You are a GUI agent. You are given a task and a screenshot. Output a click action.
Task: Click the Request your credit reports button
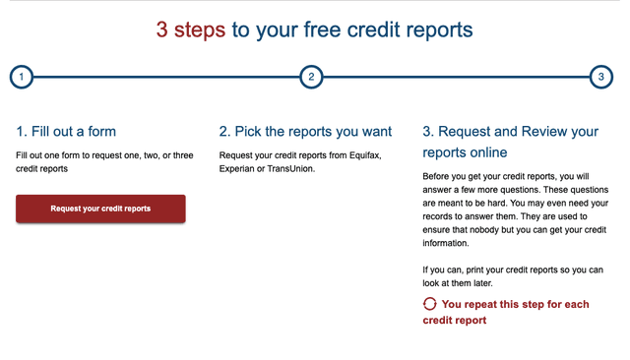[100, 209]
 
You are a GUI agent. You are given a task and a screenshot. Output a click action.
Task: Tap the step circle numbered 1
[22, 77]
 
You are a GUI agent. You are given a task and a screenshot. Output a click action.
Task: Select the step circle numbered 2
[310, 77]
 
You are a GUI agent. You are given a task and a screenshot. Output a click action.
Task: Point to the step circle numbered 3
[600, 77]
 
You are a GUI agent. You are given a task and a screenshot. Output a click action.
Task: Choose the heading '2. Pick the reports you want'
[305, 131]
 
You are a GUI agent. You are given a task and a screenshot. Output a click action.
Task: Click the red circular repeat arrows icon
[429, 305]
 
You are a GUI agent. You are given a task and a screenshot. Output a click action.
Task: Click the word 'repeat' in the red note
[487, 305]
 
